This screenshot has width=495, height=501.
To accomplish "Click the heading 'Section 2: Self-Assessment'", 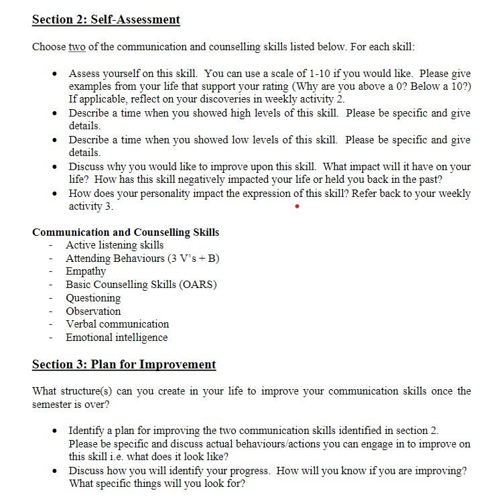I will tap(106, 19).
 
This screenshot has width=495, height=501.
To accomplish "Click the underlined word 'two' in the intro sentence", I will tap(77, 47).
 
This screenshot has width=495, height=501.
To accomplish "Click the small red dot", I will tap(297, 206).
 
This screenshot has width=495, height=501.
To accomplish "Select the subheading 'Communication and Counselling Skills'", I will tap(125, 232).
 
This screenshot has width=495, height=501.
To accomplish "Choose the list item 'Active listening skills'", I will tap(115, 245).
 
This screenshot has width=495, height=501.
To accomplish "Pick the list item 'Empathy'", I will tap(86, 271).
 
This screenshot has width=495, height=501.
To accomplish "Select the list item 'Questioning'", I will tap(93, 298).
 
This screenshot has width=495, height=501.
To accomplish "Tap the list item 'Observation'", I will tap(93, 311).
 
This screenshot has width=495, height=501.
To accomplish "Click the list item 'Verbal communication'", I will tap(117, 324).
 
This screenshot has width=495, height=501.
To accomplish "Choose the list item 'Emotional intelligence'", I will tap(117, 338).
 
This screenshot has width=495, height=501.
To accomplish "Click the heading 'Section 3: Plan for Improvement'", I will tap(124, 365).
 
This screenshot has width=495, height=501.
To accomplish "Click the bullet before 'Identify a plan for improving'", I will tap(55, 431).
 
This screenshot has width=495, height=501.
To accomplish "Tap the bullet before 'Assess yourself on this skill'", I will tap(55, 74).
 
